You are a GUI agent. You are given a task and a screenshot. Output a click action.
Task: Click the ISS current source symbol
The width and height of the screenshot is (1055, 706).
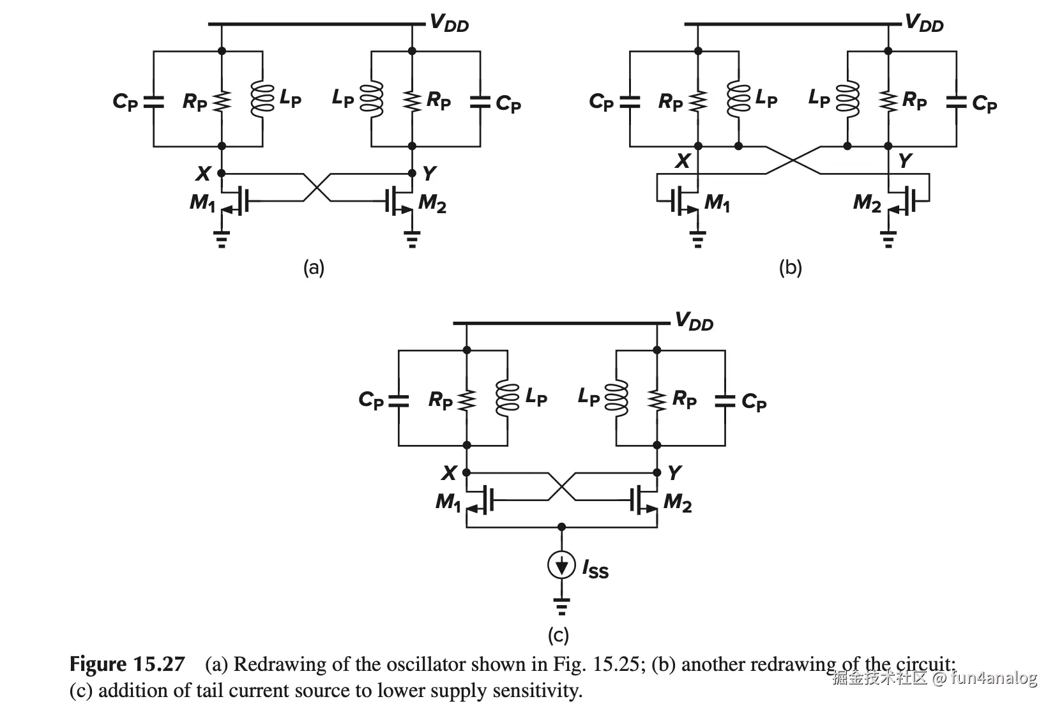tap(561, 566)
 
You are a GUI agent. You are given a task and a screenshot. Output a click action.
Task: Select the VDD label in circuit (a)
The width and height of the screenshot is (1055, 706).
tap(449, 24)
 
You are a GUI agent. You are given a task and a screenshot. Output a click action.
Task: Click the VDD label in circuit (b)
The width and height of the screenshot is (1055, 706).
tap(924, 24)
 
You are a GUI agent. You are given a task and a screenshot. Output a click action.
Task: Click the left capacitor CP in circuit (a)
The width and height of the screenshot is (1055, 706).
tap(154, 101)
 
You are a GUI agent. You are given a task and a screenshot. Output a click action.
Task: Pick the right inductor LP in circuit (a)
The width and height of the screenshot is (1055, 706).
tap(372, 100)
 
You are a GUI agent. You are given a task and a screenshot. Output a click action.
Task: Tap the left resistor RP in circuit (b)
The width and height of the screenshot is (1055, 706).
tap(698, 101)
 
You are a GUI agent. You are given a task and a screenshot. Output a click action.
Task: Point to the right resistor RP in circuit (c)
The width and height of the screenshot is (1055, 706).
tap(657, 400)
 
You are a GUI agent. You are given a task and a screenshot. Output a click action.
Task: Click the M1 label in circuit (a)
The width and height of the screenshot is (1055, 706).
tap(202, 202)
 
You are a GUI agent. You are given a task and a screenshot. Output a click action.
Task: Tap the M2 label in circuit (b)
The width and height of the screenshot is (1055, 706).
tap(867, 203)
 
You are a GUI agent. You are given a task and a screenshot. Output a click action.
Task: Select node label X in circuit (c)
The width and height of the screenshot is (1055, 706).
tap(450, 473)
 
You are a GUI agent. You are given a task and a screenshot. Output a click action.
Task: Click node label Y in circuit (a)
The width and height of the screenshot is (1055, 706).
tap(429, 173)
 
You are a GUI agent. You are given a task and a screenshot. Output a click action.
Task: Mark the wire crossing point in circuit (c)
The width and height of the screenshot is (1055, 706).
tap(561, 487)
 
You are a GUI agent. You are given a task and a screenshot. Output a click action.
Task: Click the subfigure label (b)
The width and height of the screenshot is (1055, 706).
tap(790, 267)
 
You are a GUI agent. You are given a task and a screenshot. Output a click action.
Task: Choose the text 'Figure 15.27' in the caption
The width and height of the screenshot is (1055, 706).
tap(127, 665)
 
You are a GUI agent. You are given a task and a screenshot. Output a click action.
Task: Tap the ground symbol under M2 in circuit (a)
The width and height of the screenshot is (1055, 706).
tap(412, 241)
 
